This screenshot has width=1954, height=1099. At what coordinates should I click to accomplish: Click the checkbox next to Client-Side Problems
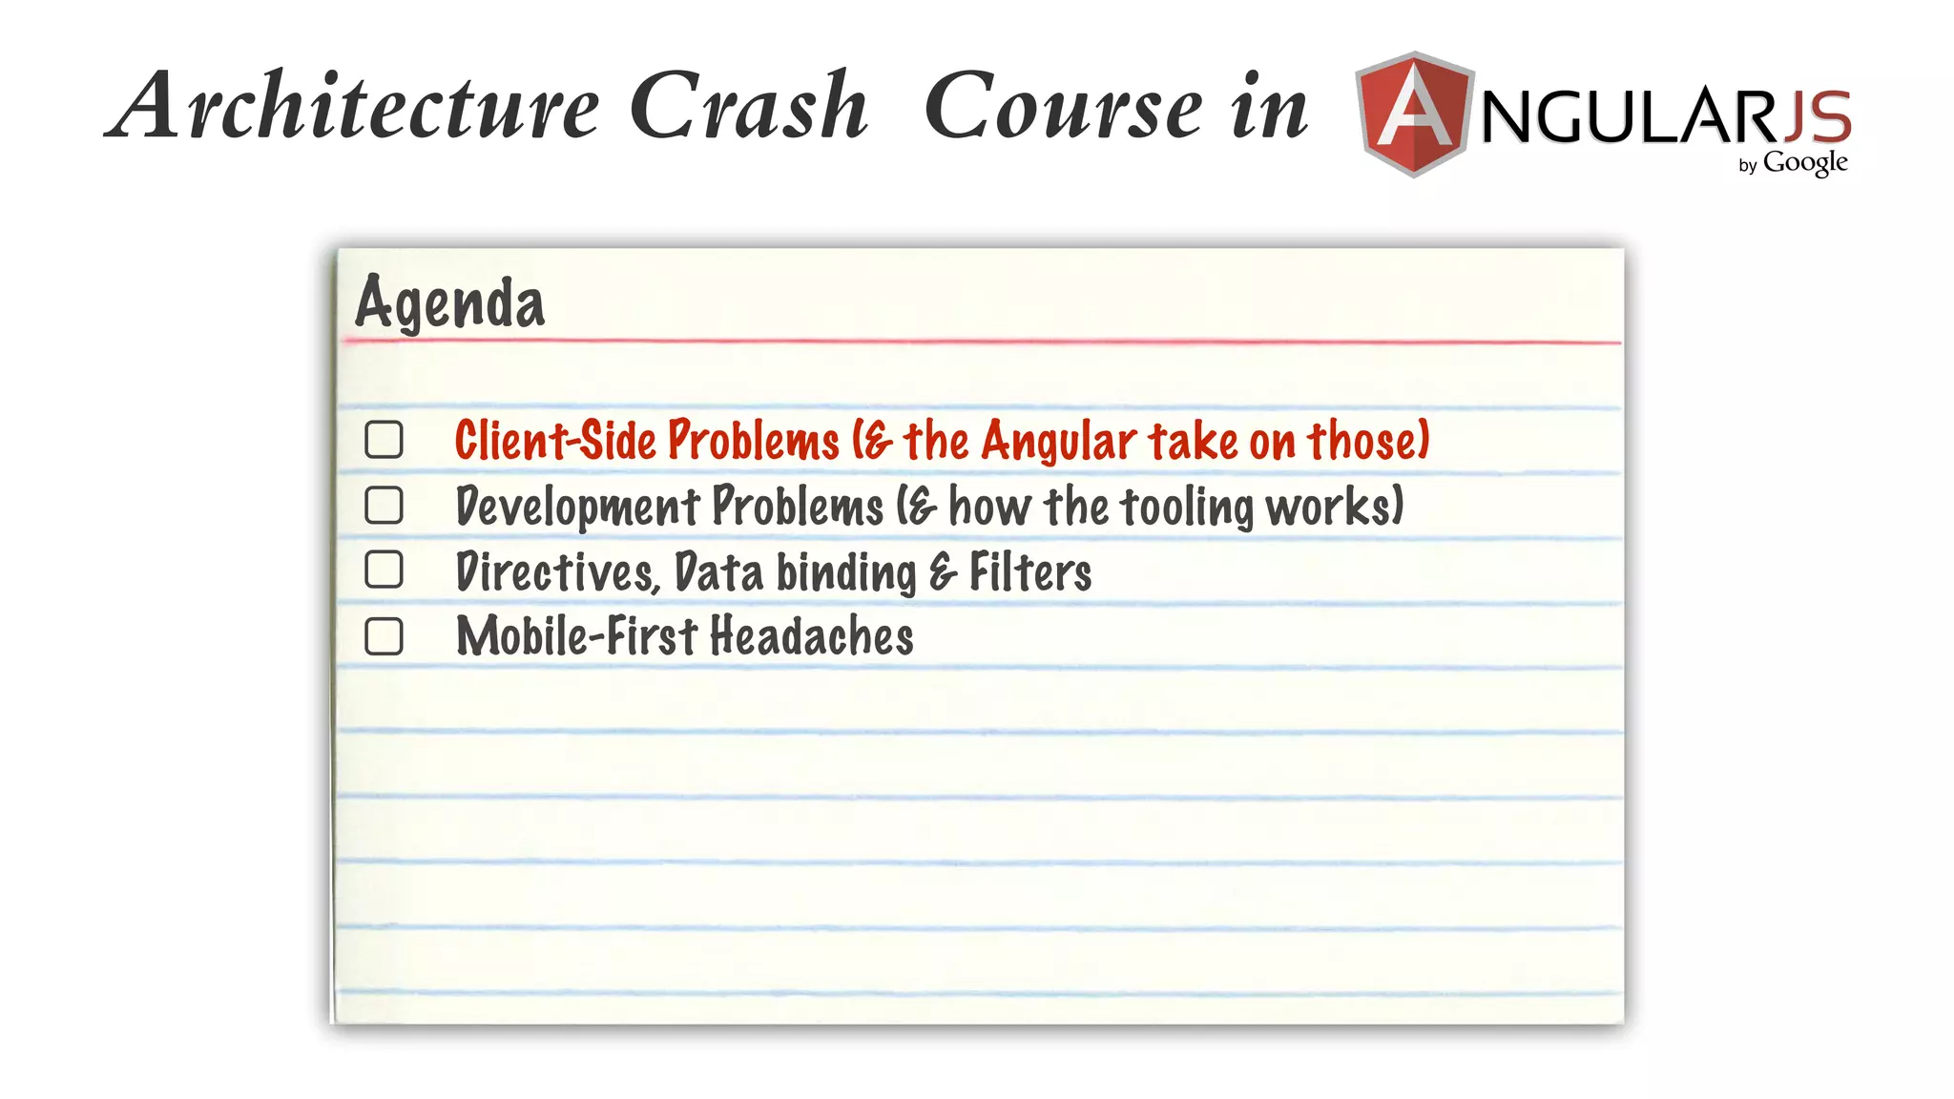[x=384, y=440]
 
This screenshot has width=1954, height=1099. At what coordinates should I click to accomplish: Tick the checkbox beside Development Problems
[x=384, y=506]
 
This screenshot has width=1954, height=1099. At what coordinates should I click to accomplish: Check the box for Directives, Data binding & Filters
[x=384, y=570]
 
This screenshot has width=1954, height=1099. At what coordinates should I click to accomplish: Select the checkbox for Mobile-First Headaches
[x=384, y=636]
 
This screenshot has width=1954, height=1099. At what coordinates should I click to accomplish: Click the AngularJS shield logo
[x=1414, y=114]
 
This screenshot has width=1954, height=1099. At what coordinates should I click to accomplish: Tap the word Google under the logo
[x=1804, y=163]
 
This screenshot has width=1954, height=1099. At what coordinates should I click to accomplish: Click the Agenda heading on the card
[x=449, y=302]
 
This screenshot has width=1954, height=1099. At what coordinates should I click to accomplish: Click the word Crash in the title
[x=749, y=107]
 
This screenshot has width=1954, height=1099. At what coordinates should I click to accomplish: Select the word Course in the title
[x=1064, y=107]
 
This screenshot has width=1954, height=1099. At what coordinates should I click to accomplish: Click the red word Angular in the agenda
[x=1059, y=442]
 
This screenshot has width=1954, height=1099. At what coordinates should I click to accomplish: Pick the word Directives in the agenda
[x=556, y=572]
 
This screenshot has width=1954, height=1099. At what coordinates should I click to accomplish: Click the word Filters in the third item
[x=1030, y=572]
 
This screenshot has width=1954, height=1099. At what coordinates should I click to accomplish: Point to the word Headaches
[x=812, y=636]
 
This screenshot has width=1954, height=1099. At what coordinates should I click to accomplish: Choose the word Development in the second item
[x=576, y=507]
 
